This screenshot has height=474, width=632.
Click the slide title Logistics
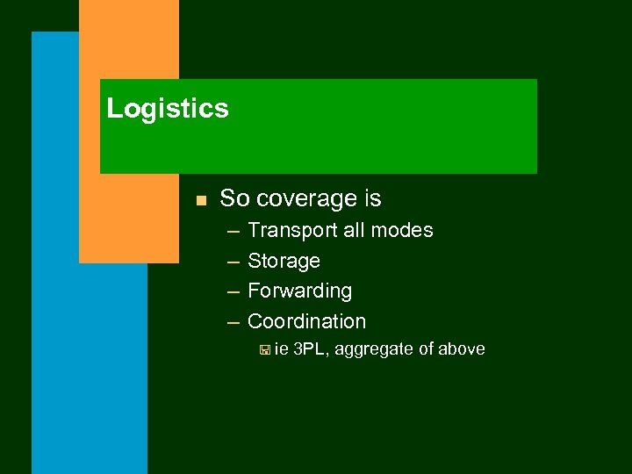tap(168, 109)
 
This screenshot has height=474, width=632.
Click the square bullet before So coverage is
tap(201, 201)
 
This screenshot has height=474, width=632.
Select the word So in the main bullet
tap(234, 199)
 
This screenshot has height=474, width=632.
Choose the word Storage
tap(284, 261)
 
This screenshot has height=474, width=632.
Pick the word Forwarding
tap(299, 291)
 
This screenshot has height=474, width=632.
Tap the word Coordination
tap(306, 321)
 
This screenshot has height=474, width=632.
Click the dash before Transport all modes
tap(232, 231)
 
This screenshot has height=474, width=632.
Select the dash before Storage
tap(232, 262)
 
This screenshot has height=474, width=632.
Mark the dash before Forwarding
tap(232, 291)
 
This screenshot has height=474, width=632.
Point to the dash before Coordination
tap(232, 322)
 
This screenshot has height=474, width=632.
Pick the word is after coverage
tap(372, 199)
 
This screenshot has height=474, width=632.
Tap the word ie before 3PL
tap(282, 349)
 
